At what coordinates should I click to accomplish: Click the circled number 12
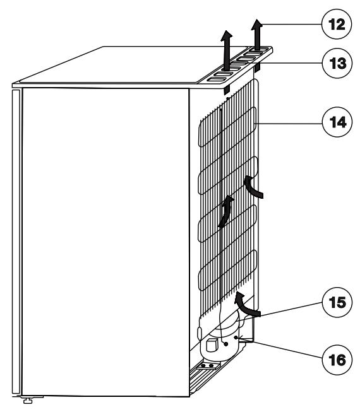[337, 24]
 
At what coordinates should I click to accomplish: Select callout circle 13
[337, 63]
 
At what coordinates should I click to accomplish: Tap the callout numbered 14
[337, 122]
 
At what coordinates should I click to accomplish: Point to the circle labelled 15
[337, 302]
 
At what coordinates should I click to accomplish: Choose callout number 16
[337, 360]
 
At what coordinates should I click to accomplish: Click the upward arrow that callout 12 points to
[257, 35]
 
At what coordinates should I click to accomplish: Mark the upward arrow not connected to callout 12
[226, 50]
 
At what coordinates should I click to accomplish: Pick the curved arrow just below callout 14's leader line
[253, 187]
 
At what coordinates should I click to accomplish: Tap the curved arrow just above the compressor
[246, 305]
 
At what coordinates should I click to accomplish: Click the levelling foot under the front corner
[28, 401]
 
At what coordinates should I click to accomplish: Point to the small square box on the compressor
[212, 345]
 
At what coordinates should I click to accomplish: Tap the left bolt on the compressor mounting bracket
[203, 366]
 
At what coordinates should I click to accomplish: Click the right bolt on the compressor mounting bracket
[211, 366]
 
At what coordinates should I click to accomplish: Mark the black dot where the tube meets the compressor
[225, 344]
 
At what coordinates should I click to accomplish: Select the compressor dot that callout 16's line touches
[236, 337]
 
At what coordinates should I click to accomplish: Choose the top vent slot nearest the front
[217, 79]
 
